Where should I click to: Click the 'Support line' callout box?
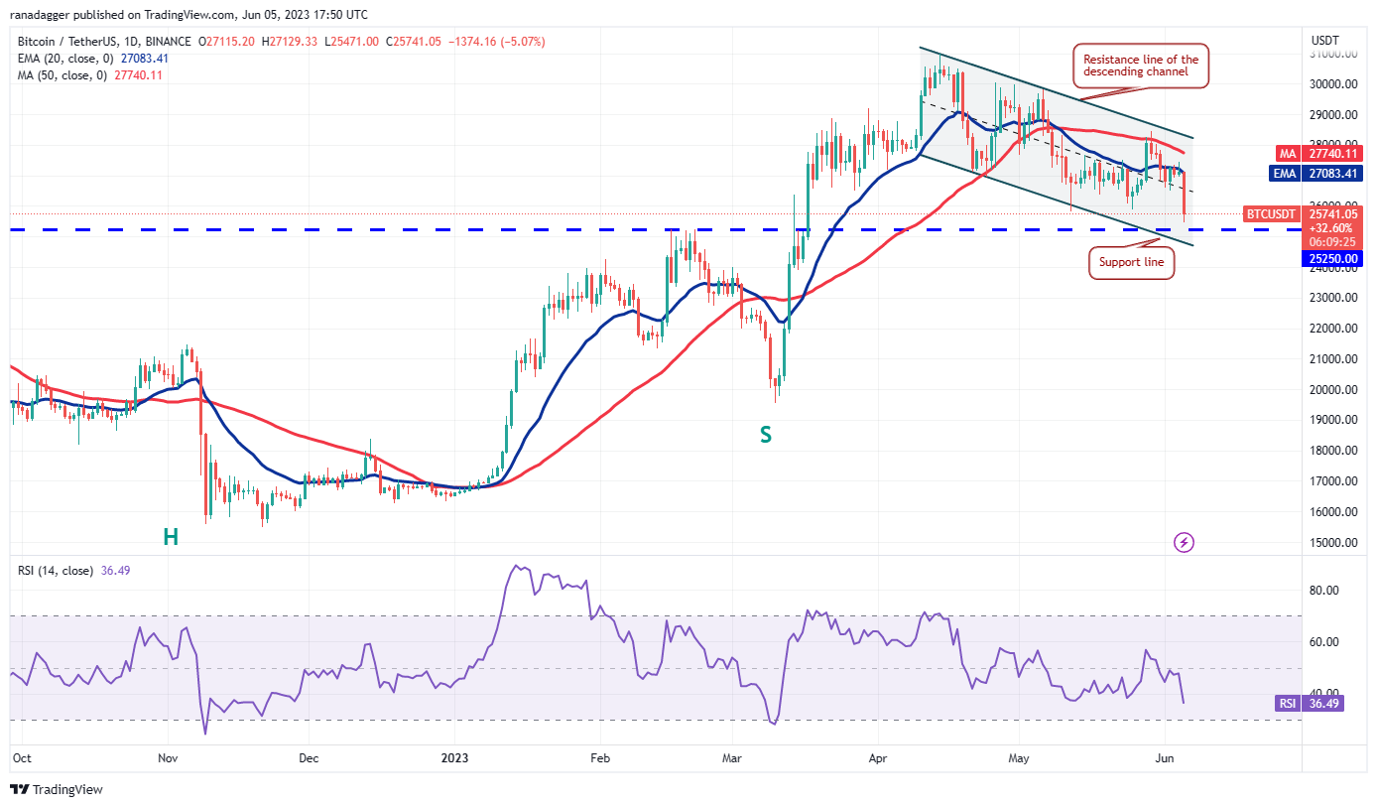tap(1131, 263)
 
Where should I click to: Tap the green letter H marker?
tap(171, 537)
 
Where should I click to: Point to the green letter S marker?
tap(765, 434)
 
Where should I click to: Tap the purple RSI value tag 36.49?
tap(1309, 704)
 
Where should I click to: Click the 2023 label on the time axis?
tap(454, 757)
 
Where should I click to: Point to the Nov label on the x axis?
tap(167, 757)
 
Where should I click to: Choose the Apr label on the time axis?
tap(877, 757)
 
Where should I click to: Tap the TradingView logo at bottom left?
tap(57, 789)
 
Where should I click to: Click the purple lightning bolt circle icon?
tap(1184, 542)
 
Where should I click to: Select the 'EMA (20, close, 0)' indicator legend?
tap(91, 59)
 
